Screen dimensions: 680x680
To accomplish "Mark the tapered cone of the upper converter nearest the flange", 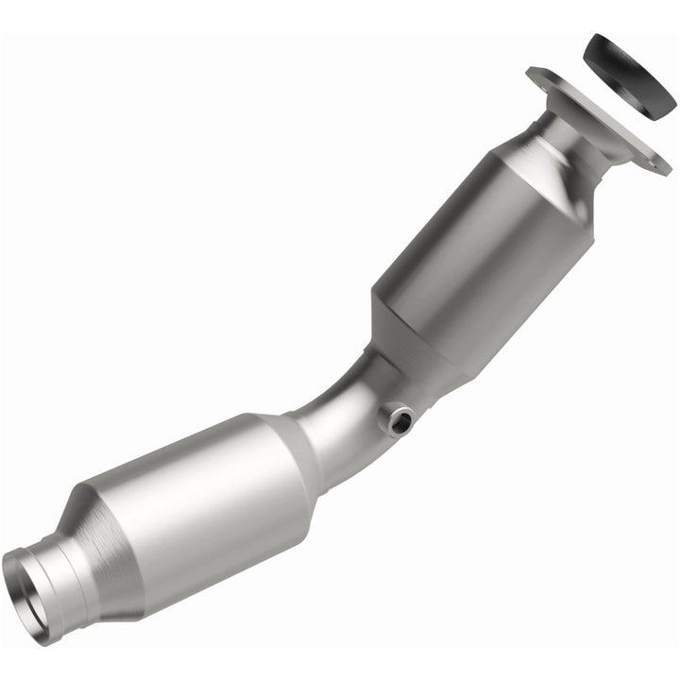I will click(x=538, y=175).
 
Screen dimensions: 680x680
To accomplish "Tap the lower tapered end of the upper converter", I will click(x=416, y=349).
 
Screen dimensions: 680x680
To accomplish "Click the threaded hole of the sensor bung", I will click(x=399, y=417).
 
